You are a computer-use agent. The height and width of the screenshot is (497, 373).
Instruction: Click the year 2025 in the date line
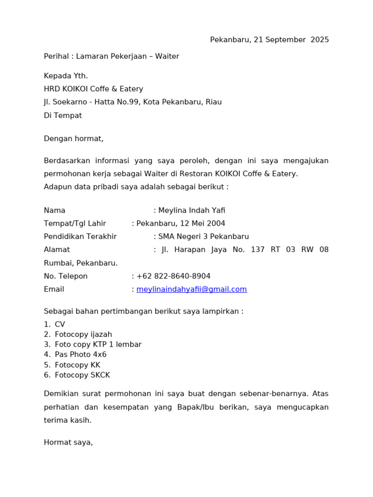(x=320, y=40)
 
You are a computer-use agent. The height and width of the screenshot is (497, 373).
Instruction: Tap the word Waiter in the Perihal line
(x=167, y=56)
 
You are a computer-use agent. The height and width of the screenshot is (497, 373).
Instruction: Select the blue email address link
(x=191, y=289)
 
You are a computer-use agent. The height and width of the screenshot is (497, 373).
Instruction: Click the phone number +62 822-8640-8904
(x=173, y=276)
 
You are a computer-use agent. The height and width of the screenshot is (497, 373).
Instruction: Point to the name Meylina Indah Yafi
(x=191, y=210)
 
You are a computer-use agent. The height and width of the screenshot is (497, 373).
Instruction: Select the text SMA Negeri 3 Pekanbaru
(x=203, y=236)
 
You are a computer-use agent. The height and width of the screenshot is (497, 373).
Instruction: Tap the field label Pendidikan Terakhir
(x=80, y=236)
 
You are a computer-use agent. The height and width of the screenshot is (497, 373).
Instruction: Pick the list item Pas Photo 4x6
(x=81, y=354)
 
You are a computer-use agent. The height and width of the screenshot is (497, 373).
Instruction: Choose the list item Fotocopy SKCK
(x=83, y=375)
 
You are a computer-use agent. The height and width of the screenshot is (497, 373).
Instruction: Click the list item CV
(x=60, y=324)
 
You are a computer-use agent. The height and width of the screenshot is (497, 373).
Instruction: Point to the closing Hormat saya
(x=68, y=442)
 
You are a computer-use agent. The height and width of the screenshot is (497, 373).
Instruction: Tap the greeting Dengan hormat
(x=74, y=138)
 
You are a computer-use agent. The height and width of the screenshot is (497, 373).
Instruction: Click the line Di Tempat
(x=63, y=116)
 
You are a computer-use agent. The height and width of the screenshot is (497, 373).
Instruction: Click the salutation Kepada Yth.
(x=66, y=76)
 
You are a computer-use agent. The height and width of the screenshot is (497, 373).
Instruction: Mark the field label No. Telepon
(x=66, y=276)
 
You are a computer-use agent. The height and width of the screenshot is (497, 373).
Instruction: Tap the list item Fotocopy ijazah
(x=84, y=334)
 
